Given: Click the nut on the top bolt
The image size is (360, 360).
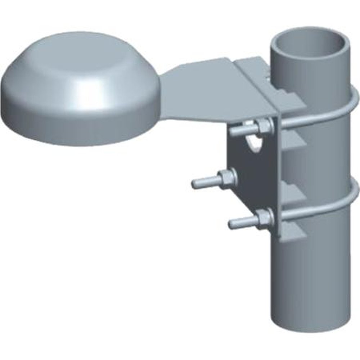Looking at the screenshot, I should pos(265,126).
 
